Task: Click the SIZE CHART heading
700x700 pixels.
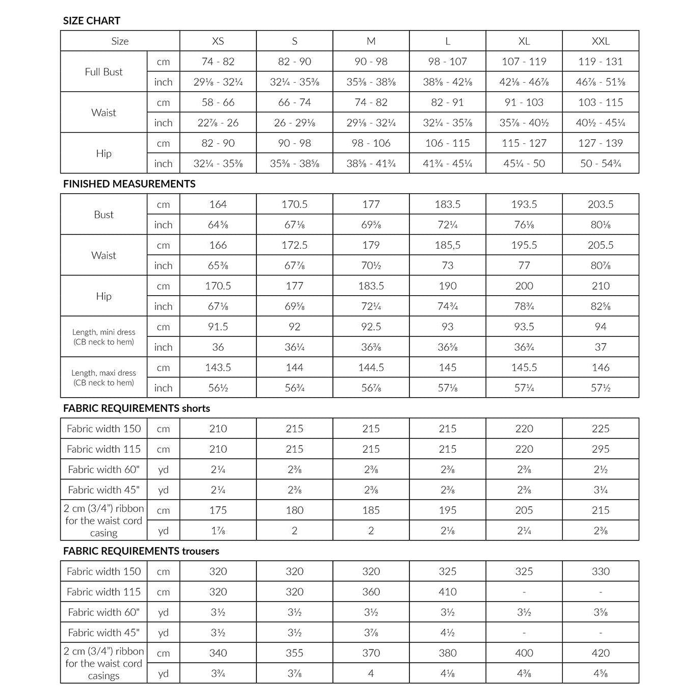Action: [92, 21]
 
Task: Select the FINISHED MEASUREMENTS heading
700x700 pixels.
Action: [129, 184]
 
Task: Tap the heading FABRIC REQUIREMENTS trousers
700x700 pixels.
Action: [141, 551]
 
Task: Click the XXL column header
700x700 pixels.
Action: [601, 41]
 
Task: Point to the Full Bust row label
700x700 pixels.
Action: [103, 72]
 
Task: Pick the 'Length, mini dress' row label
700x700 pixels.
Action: [103, 337]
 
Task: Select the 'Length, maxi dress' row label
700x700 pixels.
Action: [103, 378]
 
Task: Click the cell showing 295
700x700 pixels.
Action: [601, 449]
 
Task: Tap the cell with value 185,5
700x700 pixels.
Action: [448, 245]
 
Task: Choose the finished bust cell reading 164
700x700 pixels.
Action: [218, 204]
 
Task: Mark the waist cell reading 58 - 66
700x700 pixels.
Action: [218, 102]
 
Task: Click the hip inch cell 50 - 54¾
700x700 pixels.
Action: [601, 164]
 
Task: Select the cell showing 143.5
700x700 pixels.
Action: [218, 368]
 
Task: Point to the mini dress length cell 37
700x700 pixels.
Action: [601, 347]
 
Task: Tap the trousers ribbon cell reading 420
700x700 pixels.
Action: [601, 653]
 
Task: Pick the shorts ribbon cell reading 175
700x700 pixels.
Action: [218, 510]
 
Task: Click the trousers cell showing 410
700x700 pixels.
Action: [448, 592]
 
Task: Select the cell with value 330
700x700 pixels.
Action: [601, 572]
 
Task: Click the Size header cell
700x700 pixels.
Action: [120, 41]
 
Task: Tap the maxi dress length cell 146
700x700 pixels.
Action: [601, 368]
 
